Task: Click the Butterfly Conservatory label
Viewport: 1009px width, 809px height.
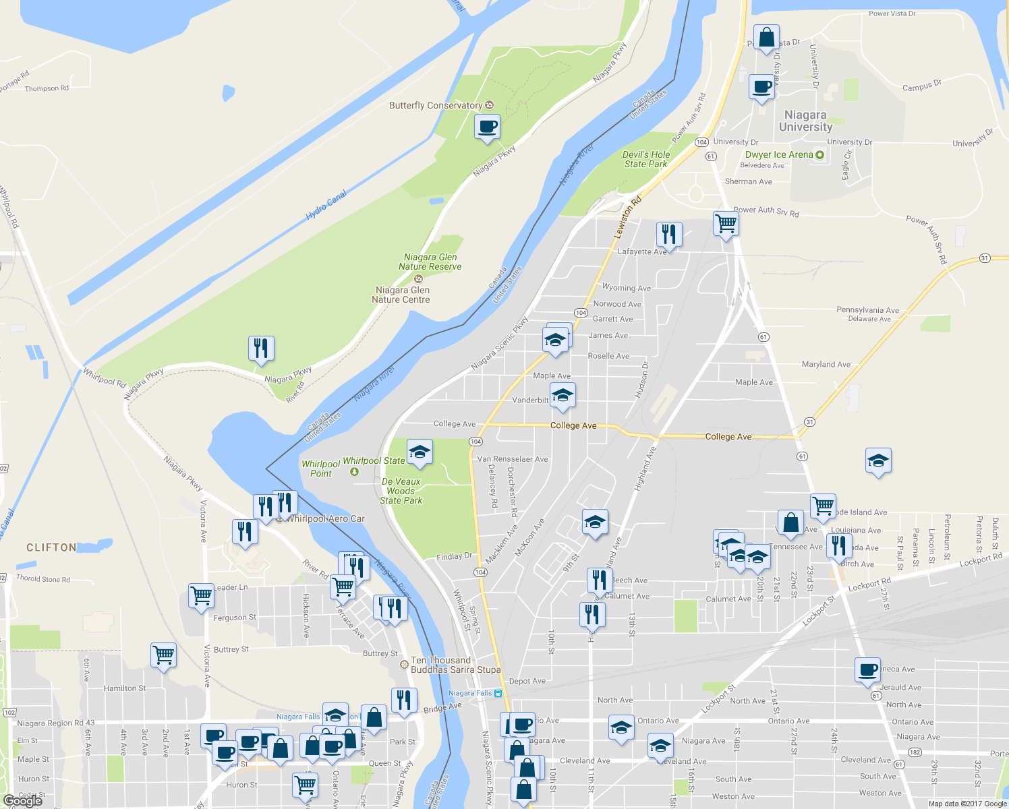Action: tap(436, 106)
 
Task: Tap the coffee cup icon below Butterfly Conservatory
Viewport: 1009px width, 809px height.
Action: tap(487, 126)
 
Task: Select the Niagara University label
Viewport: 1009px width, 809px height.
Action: tap(805, 121)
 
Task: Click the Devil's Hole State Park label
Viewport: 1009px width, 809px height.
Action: tap(645, 159)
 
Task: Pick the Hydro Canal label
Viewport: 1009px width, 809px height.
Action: tap(326, 204)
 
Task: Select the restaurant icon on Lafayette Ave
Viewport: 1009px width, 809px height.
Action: tap(668, 234)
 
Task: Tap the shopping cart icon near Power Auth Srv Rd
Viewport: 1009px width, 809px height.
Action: tap(726, 223)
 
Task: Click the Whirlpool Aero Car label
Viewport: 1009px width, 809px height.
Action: tap(325, 519)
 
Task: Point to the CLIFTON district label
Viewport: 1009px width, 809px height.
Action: tap(51, 547)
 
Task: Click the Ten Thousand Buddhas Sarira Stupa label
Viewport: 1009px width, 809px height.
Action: tap(456, 665)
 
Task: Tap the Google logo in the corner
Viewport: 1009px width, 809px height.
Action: tap(22, 801)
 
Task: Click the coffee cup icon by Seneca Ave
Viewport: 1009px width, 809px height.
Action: tap(867, 669)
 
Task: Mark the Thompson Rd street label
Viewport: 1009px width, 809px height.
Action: tap(47, 88)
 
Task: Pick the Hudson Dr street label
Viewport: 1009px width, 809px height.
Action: tap(641, 380)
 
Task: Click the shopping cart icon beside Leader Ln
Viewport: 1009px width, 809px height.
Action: tap(201, 596)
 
